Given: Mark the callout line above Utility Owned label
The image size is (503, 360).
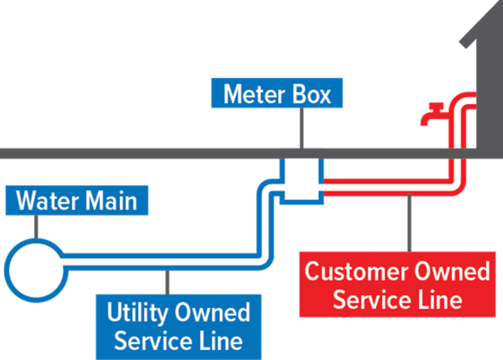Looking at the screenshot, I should coord(169,282).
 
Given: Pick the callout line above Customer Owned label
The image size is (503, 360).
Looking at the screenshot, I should coord(409,225).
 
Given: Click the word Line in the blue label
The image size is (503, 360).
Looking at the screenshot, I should coord(219,340).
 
